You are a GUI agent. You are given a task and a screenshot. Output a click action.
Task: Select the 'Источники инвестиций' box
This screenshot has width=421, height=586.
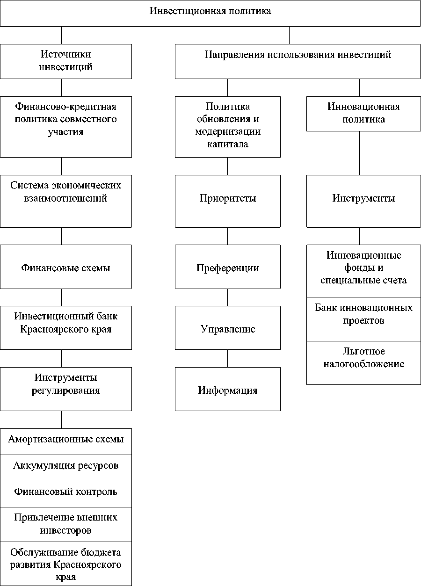coord(65,61)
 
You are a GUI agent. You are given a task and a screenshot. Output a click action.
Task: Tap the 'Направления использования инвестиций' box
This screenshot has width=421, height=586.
coord(298,61)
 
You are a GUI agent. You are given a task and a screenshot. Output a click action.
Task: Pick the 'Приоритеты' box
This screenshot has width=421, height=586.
coord(228,201)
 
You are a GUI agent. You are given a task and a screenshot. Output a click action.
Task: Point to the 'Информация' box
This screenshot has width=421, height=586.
coord(228,390)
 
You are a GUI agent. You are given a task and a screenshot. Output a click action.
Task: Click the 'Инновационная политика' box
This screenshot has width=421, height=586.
coord(363,113)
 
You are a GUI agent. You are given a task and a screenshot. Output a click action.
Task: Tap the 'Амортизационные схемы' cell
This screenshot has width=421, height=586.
coord(65,441)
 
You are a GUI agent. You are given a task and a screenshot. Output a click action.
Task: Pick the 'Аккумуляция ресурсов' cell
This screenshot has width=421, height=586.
coord(65,467)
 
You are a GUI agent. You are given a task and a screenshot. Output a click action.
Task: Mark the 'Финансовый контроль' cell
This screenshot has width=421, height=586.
coord(65,493)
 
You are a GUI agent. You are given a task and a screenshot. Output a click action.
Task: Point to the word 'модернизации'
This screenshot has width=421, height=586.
coord(228,131)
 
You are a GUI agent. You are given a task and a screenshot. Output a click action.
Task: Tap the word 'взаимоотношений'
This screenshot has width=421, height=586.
coord(65,198)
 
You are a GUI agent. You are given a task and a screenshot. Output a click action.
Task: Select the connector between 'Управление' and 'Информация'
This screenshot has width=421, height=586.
coord(228,358)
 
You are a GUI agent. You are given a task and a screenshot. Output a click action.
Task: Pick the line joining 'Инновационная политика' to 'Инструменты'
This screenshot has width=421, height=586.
coord(359,153)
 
